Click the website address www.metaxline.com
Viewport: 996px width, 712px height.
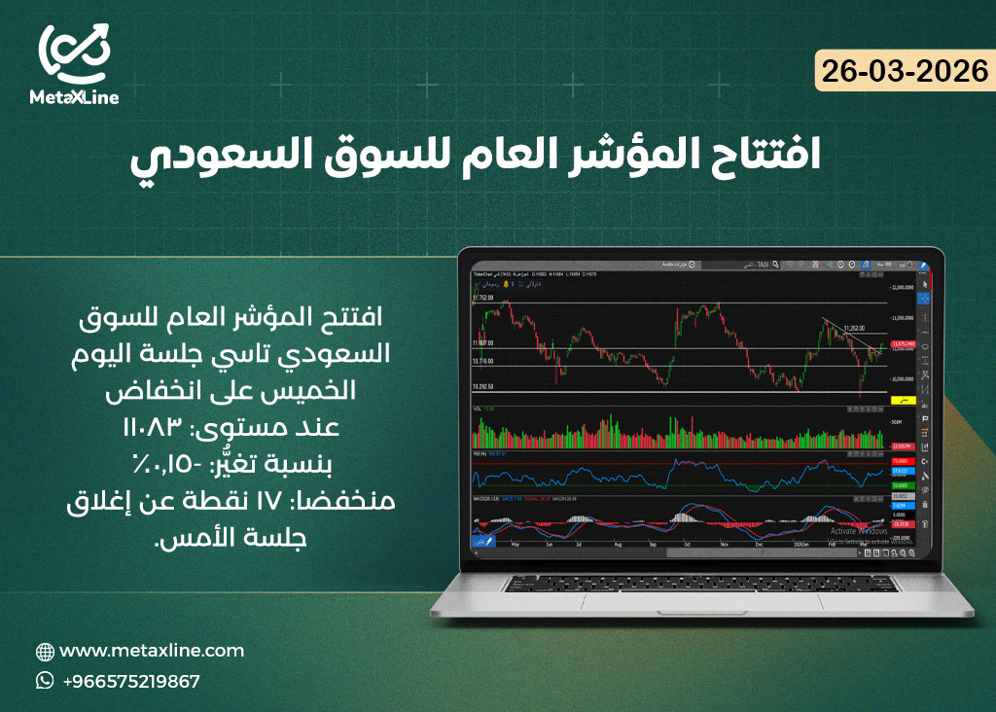[x=152, y=651]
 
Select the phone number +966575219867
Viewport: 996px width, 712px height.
[x=130, y=681]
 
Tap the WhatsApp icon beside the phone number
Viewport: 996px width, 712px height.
[x=45, y=681]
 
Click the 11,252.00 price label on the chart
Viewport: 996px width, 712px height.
[x=855, y=329]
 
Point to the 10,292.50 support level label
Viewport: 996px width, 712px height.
[x=483, y=386]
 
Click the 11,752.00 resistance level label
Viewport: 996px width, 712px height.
[x=483, y=298]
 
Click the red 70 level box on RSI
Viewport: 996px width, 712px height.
[x=904, y=461]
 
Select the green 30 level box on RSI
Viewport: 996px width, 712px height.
[x=904, y=483]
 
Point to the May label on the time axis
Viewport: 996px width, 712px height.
[x=515, y=546]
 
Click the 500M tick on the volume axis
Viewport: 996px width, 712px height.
[x=898, y=423]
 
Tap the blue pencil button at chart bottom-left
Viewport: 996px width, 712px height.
[x=483, y=540]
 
